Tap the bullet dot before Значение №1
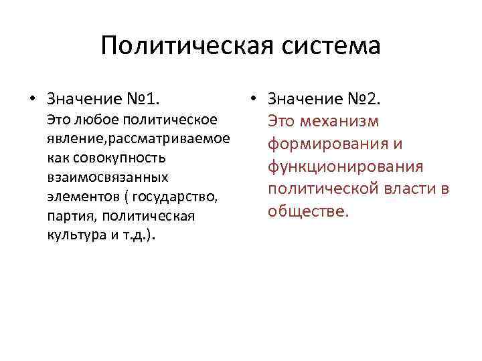[x=31, y=100]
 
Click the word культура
[x=71, y=236]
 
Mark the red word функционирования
[x=345, y=166]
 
